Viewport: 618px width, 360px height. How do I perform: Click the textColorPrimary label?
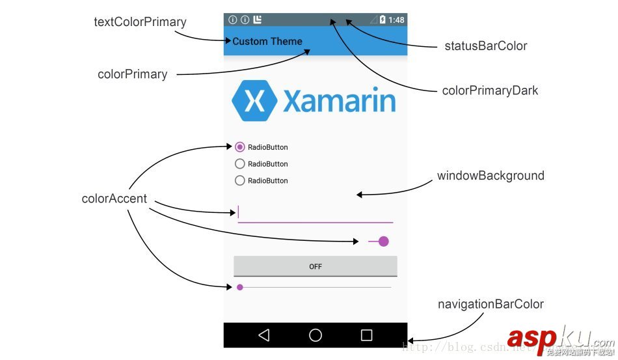(x=140, y=22)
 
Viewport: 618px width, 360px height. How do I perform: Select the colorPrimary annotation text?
(x=132, y=74)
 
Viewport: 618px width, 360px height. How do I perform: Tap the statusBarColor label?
(x=485, y=46)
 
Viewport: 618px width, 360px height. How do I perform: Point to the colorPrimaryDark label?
(x=490, y=90)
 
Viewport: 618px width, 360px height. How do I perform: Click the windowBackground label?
(x=490, y=176)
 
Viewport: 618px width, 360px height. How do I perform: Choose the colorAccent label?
(x=114, y=199)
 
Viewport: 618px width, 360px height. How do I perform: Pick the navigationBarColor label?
(x=490, y=304)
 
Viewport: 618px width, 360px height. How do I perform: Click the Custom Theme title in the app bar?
(x=267, y=41)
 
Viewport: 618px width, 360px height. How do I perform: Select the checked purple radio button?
(x=239, y=147)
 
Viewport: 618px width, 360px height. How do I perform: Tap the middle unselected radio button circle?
(x=239, y=164)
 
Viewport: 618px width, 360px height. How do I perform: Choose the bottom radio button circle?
(x=239, y=180)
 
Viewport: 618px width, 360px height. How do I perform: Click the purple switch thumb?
(x=383, y=242)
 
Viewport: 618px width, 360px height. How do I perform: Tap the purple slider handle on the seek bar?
(x=240, y=287)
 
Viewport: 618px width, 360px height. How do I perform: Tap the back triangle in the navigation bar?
(x=263, y=335)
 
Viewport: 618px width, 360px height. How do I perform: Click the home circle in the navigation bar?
(x=316, y=335)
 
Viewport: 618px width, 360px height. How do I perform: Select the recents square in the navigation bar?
(x=367, y=335)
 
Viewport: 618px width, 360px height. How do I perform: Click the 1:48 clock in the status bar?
(x=396, y=20)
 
